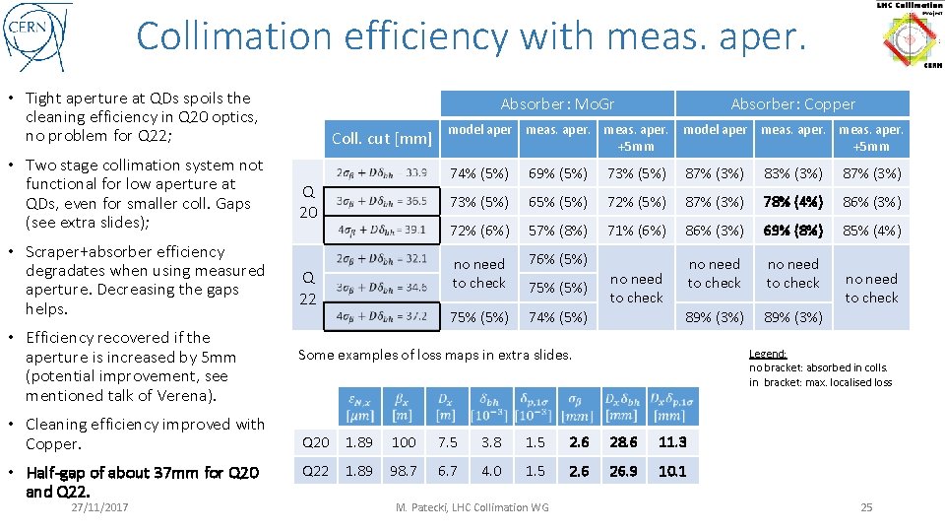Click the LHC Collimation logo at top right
pos(908,35)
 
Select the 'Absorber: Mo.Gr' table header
pos(557,103)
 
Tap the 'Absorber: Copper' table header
pos(792,103)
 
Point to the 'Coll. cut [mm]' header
pos(381,138)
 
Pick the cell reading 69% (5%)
pos(558,173)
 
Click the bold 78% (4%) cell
pos(793,202)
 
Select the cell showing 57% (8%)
pos(558,231)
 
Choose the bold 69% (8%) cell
pos(793,231)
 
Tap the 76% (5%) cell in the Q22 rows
pos(558,259)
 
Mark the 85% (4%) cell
pos(872,231)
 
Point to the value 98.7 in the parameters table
pos(404,471)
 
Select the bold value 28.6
pos(623,442)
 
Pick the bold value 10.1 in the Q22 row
pos(672,471)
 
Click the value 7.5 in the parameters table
pos(448,442)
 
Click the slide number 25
pos(866,507)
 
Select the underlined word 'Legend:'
pos(768,354)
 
